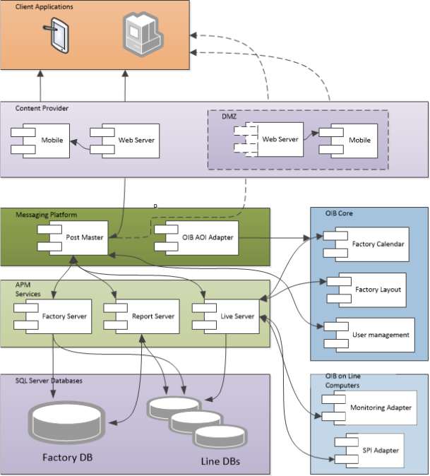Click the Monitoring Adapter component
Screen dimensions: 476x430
[375, 408]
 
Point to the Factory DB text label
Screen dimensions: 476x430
[67, 457]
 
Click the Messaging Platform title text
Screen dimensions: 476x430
[47, 214]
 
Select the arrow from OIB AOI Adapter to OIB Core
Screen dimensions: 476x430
[282, 237]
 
